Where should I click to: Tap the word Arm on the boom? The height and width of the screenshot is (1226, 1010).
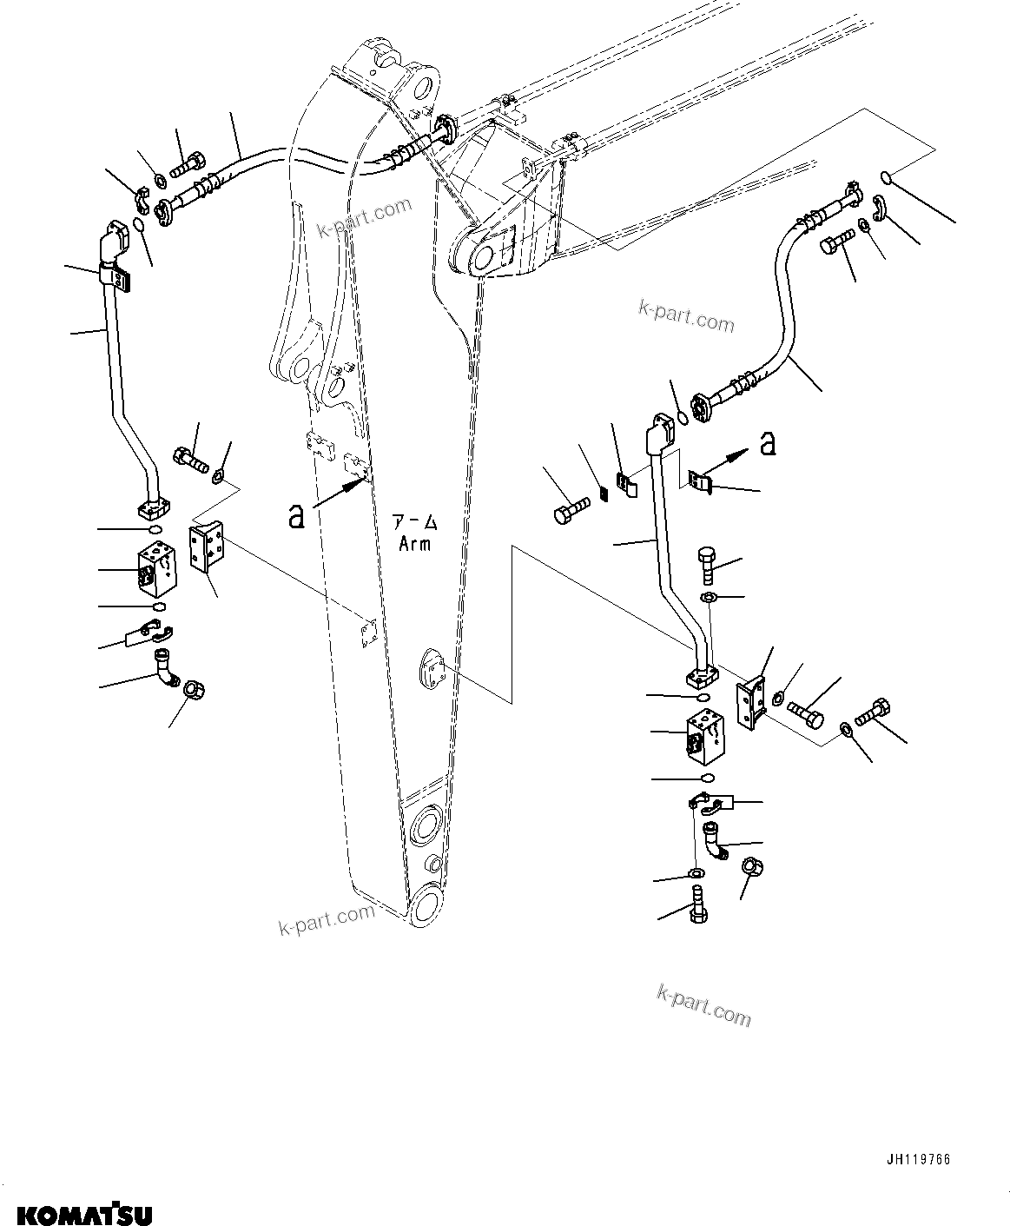click(414, 545)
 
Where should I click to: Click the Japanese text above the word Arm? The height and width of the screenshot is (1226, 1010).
click(414, 524)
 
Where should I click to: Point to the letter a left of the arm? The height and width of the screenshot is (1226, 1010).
click(297, 516)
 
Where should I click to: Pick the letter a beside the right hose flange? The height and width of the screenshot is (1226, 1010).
click(767, 443)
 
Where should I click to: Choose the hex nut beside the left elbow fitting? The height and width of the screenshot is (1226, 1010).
click(194, 692)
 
